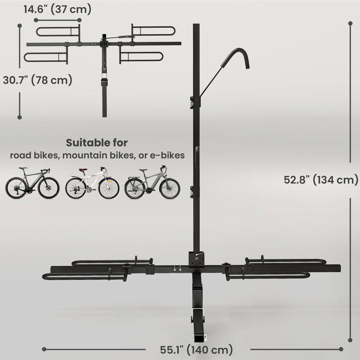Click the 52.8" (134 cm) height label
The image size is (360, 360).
(x=321, y=180)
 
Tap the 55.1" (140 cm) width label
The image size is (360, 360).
(x=196, y=350)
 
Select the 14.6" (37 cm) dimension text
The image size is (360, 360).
(x=57, y=9)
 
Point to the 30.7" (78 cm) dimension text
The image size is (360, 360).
(x=37, y=80)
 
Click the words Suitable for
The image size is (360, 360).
(x=97, y=143)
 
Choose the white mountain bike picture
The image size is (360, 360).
(x=92, y=183)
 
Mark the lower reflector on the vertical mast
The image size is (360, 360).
(x=192, y=192)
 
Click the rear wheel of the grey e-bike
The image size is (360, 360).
(x=135, y=189)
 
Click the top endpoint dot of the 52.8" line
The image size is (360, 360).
(x=350, y=23)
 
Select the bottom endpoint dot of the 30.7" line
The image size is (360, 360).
(x=20, y=117)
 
